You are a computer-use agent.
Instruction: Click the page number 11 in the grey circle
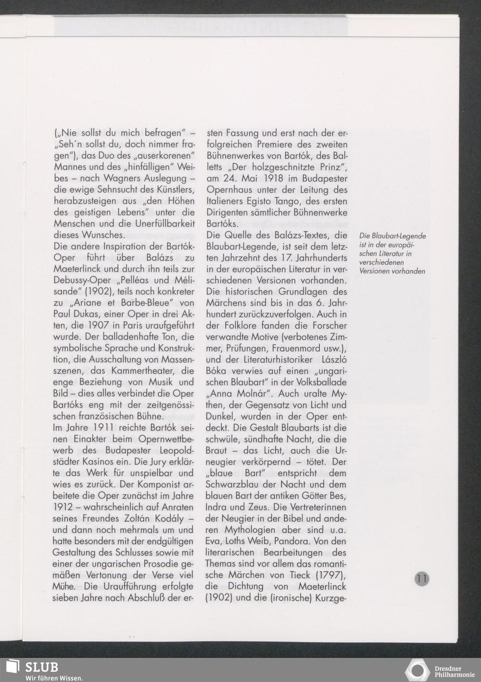click(x=422, y=579)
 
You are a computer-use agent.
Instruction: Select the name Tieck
click(x=297, y=575)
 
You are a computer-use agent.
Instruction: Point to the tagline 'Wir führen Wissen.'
click(x=54, y=678)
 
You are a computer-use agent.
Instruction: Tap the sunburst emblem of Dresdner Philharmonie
click(x=418, y=669)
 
